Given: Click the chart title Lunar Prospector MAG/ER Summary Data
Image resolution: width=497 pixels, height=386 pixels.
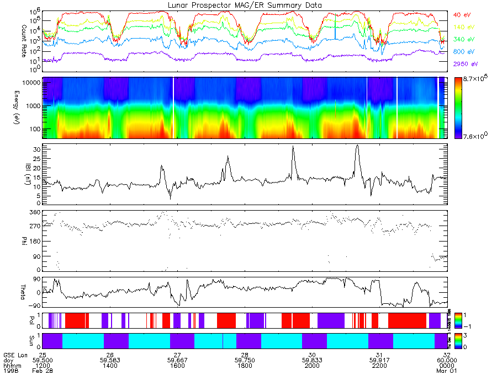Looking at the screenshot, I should [x=245, y=5].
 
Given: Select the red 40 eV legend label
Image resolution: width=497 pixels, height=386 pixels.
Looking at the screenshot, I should [x=461, y=15].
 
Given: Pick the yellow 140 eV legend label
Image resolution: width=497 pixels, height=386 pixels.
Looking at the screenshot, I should [x=463, y=27].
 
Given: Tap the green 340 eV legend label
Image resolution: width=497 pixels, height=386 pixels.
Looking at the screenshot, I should [x=463, y=39].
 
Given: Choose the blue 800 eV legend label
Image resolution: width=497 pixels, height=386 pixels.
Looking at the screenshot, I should [x=463, y=51].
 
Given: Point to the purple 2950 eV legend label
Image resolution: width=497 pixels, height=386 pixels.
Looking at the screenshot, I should [x=464, y=63].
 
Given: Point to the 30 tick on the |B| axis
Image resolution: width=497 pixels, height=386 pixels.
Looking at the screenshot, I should [x=36, y=149].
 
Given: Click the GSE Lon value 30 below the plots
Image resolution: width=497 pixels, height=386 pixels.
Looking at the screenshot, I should [x=312, y=355].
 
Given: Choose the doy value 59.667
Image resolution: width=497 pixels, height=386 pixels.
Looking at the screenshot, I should [x=177, y=360].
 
